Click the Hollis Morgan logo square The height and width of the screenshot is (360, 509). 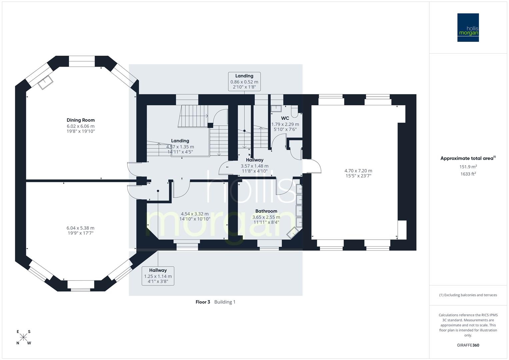click(468, 27)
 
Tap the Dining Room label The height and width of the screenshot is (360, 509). click(81, 120)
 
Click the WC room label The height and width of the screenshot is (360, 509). click(285, 118)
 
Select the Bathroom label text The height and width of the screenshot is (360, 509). click(266, 211)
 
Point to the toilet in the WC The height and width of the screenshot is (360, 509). click(295, 112)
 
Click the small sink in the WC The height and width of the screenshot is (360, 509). click(276, 108)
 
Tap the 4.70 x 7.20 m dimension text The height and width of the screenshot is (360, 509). click(358, 171)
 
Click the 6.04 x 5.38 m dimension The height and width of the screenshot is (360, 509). click(81, 228)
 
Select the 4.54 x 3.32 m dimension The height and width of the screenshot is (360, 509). click(195, 214)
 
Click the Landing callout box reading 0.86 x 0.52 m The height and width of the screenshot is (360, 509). click(244, 82)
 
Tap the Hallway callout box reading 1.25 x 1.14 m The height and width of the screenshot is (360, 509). click(158, 276)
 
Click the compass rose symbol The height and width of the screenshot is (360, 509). click(23, 337)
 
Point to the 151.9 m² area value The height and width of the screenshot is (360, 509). click(468, 167)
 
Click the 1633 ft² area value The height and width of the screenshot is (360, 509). click(468, 174)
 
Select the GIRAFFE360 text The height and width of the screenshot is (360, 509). click(468, 345)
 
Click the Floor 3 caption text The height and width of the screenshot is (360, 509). click(203, 302)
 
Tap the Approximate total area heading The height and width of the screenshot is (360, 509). click(468, 158)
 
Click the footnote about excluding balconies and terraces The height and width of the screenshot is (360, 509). click(468, 295)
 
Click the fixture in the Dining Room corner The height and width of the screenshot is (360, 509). click(45, 82)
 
